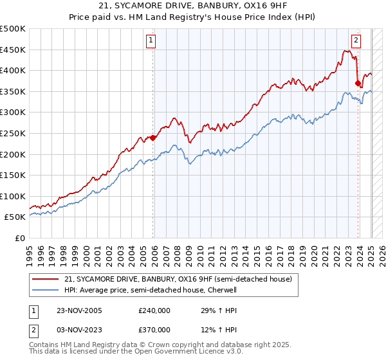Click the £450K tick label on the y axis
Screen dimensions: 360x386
click(14, 50)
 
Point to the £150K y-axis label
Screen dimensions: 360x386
click(14, 175)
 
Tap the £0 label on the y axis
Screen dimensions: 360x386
click(20, 238)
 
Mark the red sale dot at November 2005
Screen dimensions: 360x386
click(152, 138)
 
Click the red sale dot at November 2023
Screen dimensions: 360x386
click(358, 83)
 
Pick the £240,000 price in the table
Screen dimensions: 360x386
click(154, 310)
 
